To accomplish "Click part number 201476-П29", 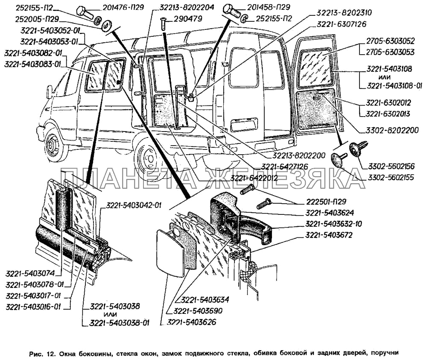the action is click(x=123, y=7).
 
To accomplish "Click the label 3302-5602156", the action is click(x=392, y=167).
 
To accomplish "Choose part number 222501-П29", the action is click(x=326, y=202).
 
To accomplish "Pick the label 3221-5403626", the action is click(x=191, y=322).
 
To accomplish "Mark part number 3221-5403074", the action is click(x=30, y=273).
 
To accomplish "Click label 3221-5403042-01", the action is click(x=134, y=205).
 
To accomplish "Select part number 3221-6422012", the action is click(x=254, y=178).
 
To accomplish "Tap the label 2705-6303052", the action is click(x=390, y=41).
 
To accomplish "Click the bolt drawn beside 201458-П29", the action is click(x=232, y=11).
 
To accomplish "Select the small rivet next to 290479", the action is click(x=163, y=23).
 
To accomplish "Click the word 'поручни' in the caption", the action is click(x=388, y=353).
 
